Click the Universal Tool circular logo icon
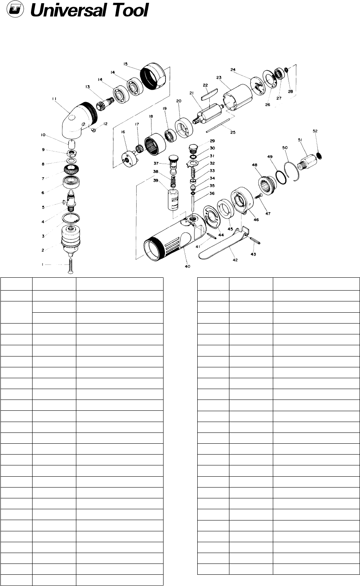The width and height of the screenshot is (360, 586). click(x=15, y=10)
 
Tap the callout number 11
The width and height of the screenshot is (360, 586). click(x=54, y=98)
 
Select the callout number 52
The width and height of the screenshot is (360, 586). click(x=315, y=131)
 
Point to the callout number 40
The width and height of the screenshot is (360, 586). click(x=188, y=266)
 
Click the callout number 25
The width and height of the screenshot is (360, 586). click(x=233, y=132)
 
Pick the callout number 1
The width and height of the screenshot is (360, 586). click(x=42, y=264)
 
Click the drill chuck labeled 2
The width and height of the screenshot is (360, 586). click(x=70, y=240)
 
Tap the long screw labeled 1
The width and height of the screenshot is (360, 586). click(x=70, y=266)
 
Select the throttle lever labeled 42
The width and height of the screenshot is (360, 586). click(x=224, y=245)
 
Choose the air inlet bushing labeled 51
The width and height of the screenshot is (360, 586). click(x=308, y=162)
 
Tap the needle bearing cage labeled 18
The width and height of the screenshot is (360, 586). click(x=155, y=144)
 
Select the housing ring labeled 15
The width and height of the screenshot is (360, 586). click(x=153, y=76)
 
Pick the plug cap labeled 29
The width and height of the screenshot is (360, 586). click(x=192, y=149)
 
